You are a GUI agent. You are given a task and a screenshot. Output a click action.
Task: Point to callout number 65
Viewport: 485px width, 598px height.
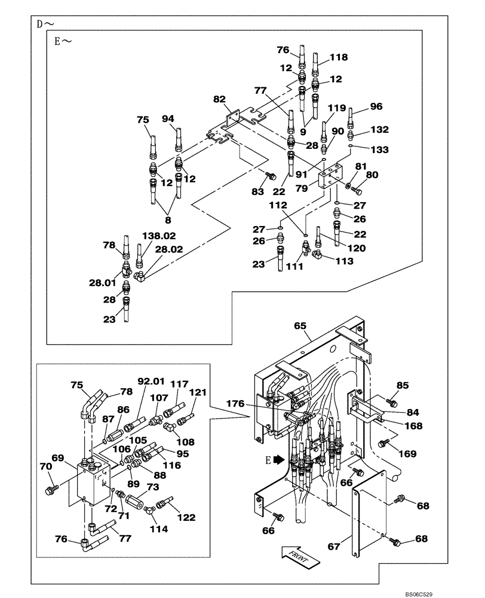(300, 327)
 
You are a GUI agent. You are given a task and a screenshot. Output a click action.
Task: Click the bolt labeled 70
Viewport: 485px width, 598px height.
(51, 490)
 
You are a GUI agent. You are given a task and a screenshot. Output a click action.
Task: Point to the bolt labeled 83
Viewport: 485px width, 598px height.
(270, 176)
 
